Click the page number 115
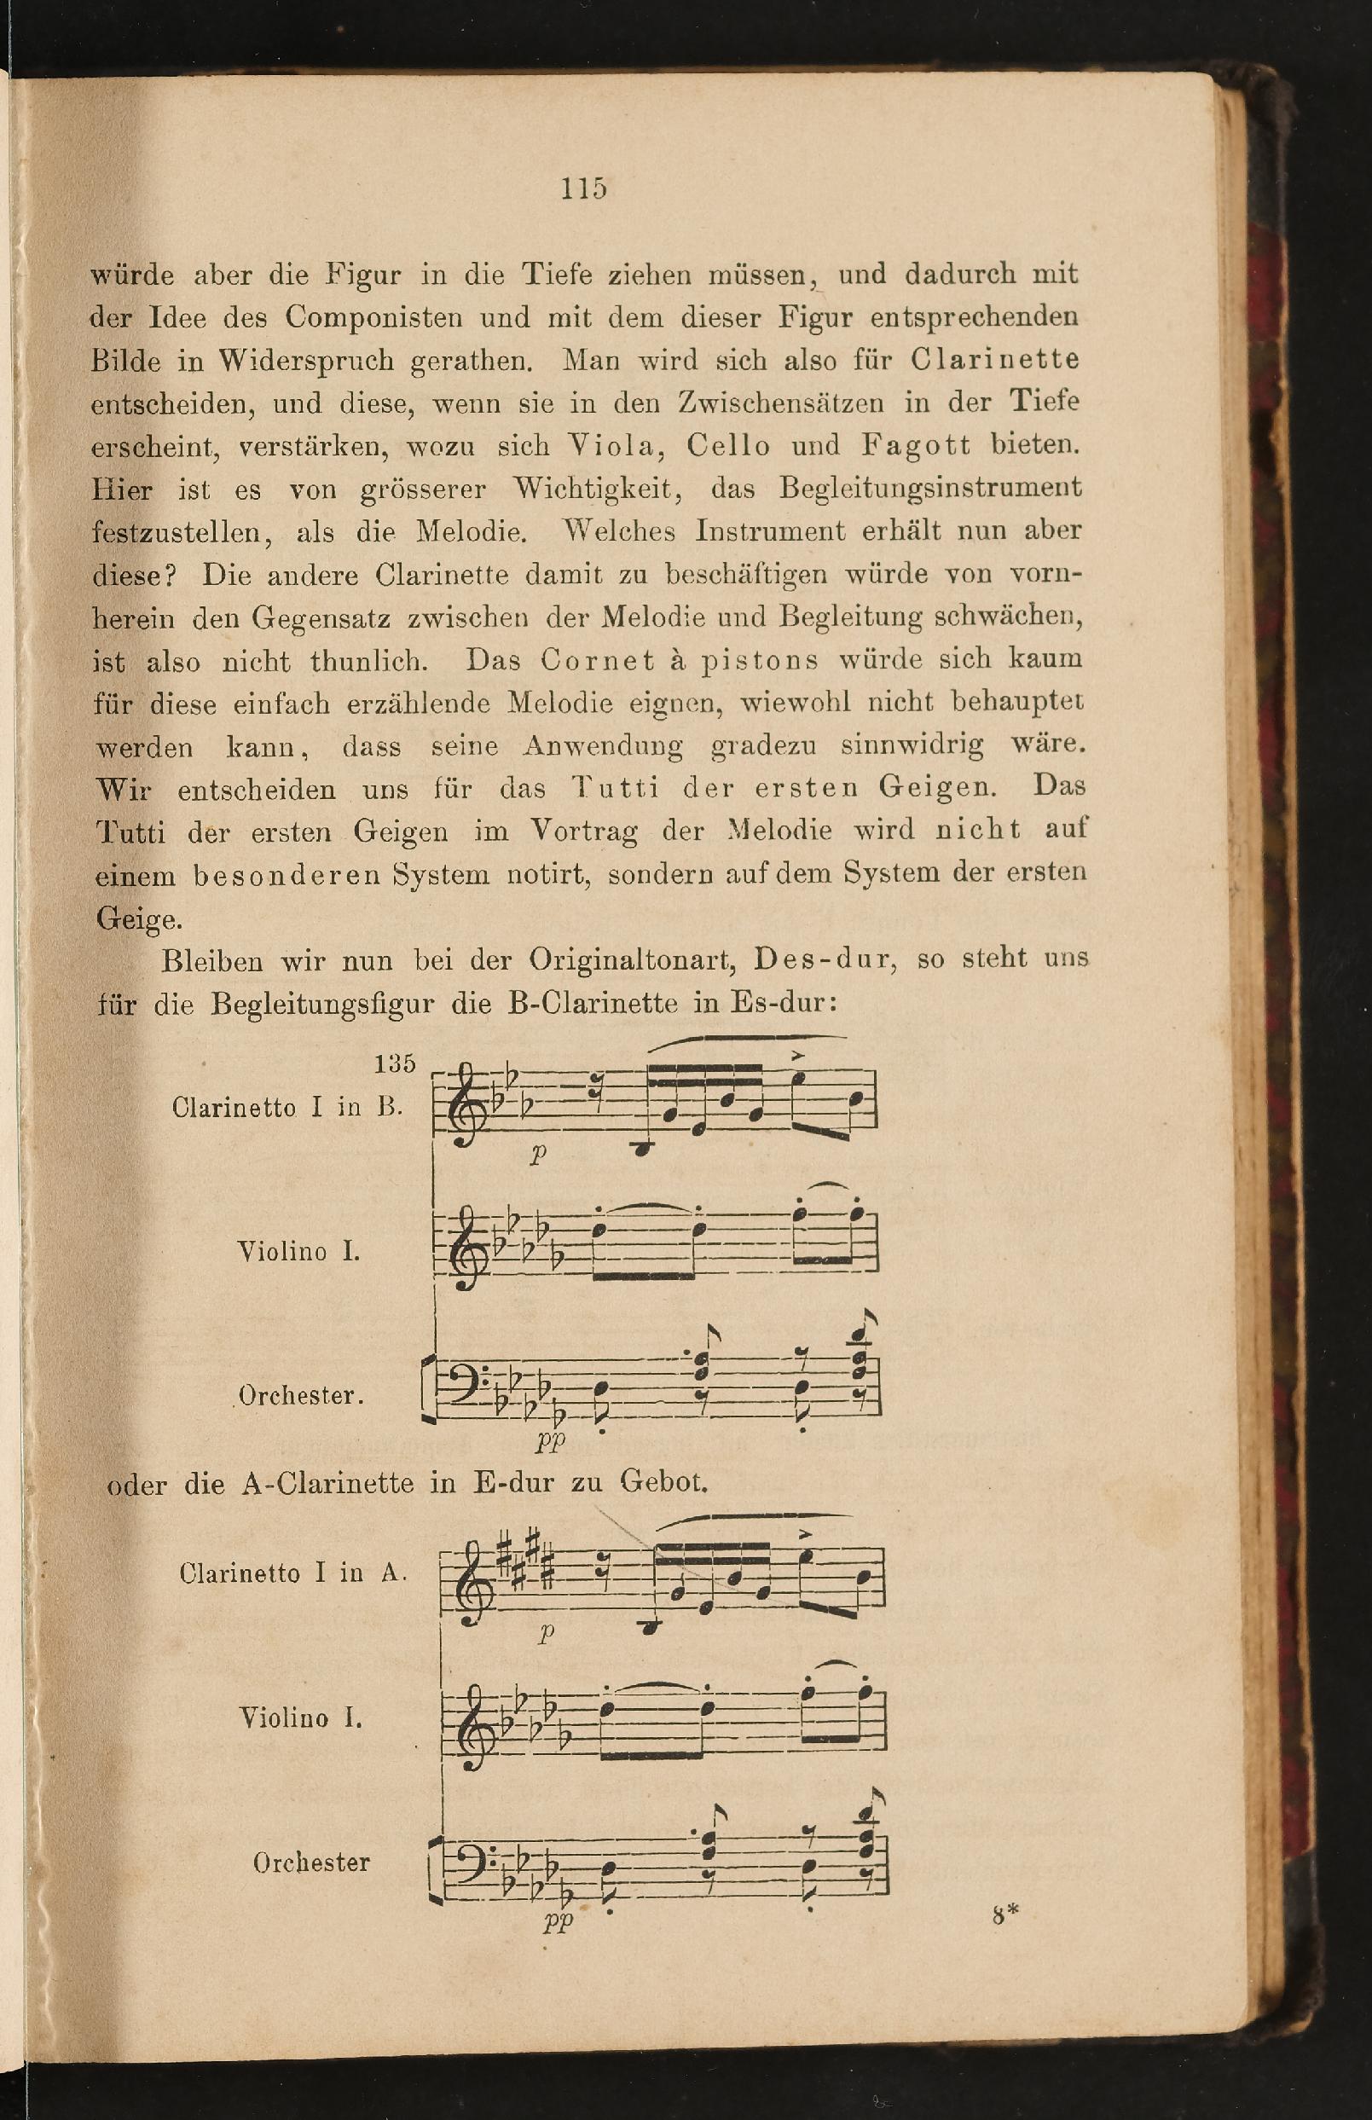pos(583,188)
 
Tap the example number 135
pos(395,1063)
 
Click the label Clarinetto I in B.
pos(287,1107)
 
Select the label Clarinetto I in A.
pos(293,1573)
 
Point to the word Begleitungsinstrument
pos(930,488)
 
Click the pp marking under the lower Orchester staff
pos(559,1921)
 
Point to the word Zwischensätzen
pos(780,403)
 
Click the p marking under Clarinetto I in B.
pos(537,1155)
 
